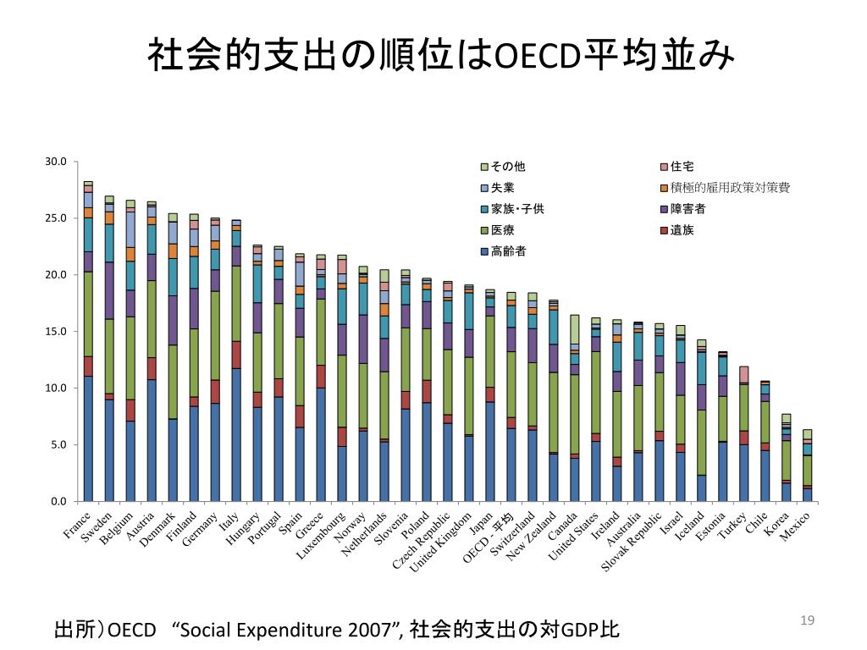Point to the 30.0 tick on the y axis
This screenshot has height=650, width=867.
[55, 162]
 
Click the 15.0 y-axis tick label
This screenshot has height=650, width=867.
[55, 332]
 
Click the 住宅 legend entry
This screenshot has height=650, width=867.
[682, 167]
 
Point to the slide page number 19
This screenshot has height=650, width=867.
[807, 622]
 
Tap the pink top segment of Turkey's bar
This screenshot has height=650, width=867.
[744, 374]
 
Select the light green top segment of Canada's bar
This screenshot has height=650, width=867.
[575, 329]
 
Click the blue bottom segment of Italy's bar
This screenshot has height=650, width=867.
[236, 435]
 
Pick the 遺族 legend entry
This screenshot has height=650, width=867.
[682, 230]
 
